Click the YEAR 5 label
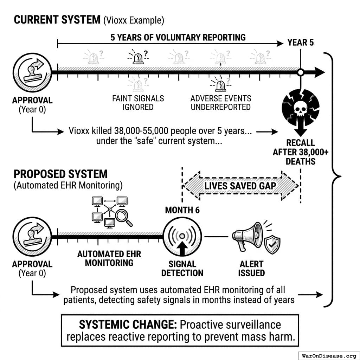[x=301, y=43]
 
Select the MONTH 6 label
[x=182, y=210]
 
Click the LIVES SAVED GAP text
[x=240, y=185]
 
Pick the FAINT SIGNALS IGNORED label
[x=138, y=103]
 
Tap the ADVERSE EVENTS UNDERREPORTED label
[x=221, y=103]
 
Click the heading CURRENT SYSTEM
[x=57, y=20]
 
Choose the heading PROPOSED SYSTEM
[x=60, y=174]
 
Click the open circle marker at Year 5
[x=300, y=73]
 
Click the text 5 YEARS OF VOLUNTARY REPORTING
[x=178, y=37]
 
